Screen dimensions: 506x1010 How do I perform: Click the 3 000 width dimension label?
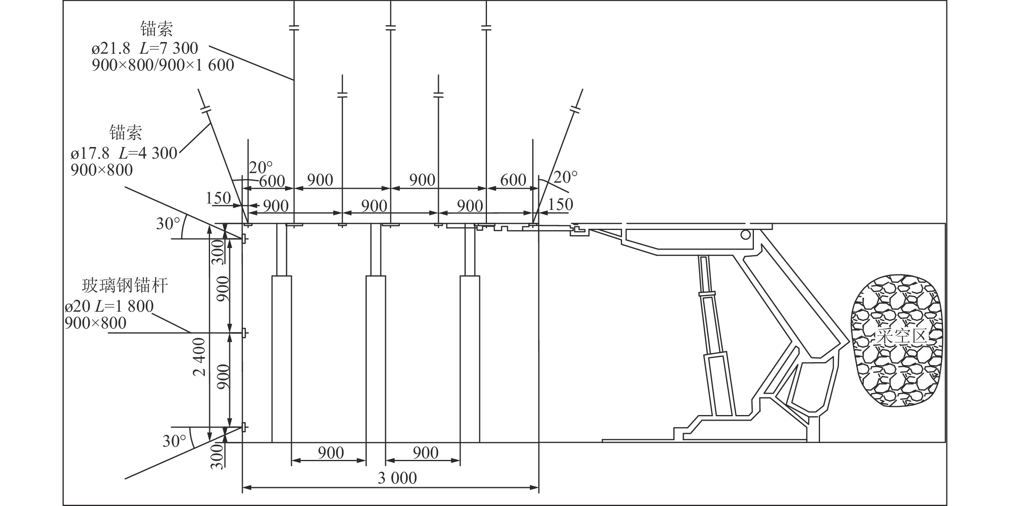[x=397, y=478]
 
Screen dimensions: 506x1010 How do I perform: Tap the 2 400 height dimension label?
[x=200, y=357]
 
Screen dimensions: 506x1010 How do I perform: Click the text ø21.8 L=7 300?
[x=145, y=48]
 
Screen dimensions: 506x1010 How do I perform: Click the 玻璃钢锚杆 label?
[x=125, y=285]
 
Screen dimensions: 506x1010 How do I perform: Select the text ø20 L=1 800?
[x=109, y=306]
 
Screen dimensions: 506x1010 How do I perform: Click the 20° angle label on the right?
[x=565, y=176]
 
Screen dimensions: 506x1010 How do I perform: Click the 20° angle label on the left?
[x=261, y=167]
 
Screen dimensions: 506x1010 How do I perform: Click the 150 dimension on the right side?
[x=560, y=204]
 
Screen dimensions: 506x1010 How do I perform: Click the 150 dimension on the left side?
[x=218, y=198]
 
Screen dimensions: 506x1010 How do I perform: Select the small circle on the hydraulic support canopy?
[x=745, y=235]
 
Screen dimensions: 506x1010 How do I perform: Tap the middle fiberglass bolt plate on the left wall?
[x=243, y=333]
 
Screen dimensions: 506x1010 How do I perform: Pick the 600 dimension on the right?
[x=513, y=180]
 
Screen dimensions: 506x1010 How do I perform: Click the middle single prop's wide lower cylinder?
[x=376, y=359]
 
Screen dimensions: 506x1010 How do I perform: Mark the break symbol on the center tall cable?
[x=390, y=28]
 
